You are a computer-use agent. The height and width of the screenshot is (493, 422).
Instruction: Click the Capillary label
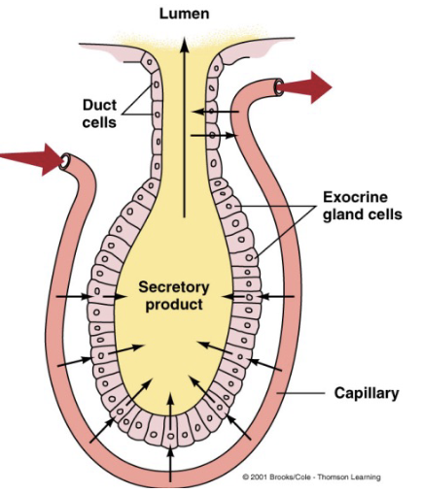pyautogui.click(x=368, y=394)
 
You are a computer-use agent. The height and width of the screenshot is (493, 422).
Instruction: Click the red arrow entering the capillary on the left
pyautogui.click(x=26, y=154)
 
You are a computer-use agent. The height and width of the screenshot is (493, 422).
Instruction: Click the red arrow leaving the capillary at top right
pyautogui.click(x=309, y=87)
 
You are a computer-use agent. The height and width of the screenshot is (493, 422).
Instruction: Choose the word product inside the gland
pyautogui.click(x=172, y=305)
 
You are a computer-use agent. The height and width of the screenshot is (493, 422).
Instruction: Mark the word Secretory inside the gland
pyautogui.click(x=172, y=287)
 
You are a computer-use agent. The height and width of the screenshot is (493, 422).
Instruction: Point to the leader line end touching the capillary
pyautogui.click(x=285, y=394)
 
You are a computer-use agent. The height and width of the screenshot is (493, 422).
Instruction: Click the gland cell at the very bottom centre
pyautogui.click(x=172, y=434)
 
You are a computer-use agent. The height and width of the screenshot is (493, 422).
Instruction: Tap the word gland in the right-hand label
pyautogui.click(x=340, y=214)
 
